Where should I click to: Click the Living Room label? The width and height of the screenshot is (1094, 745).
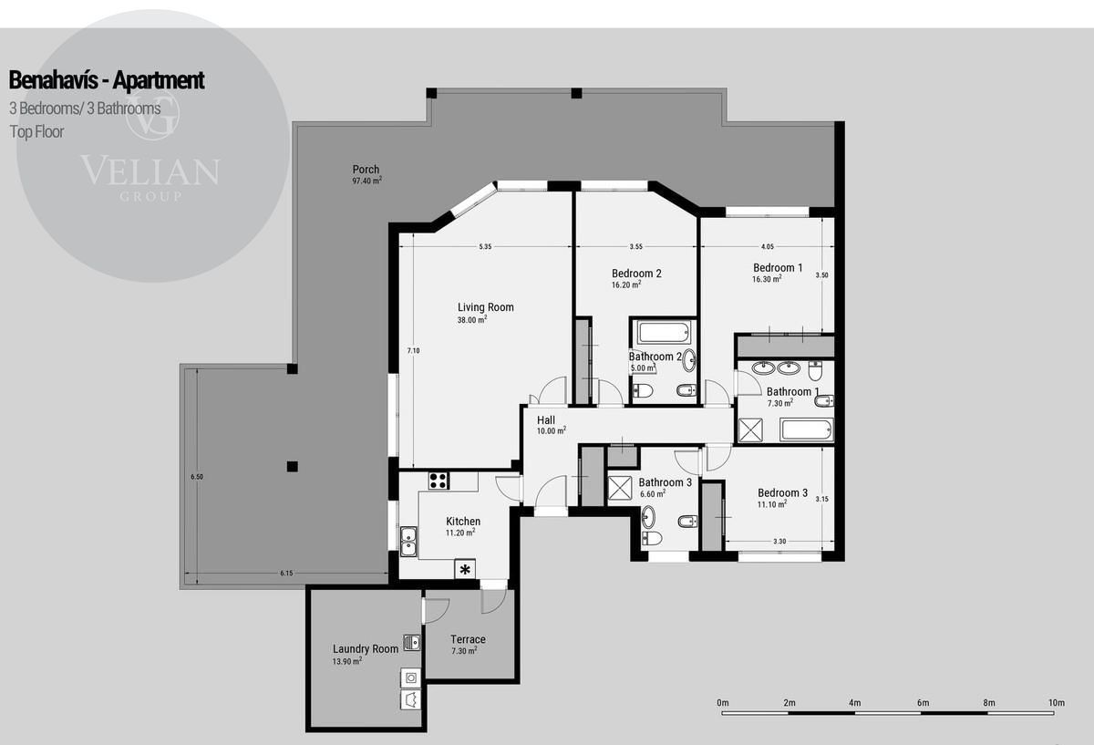[485, 307]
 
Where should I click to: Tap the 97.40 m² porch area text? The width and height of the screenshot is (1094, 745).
[366, 181]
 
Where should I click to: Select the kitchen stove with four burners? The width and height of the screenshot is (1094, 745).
[439, 481]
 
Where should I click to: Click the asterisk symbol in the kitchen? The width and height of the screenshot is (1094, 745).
[465, 570]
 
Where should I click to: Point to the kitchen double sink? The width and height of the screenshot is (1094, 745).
[408, 542]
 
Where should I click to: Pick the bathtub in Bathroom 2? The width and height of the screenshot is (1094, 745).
[665, 332]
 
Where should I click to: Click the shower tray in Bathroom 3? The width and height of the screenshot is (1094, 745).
[620, 488]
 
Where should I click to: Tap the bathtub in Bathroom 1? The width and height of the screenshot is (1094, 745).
[806, 429]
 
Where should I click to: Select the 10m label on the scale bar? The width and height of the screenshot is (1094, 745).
[1057, 702]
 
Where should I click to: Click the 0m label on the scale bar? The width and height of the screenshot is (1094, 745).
[723, 702]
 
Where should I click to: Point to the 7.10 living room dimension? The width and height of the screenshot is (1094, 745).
[413, 350]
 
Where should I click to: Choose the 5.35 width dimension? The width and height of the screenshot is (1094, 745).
[485, 247]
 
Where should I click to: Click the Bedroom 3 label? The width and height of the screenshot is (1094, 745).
[782, 493]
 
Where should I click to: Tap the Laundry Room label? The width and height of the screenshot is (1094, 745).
[366, 648]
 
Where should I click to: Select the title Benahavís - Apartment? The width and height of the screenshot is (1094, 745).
[107, 80]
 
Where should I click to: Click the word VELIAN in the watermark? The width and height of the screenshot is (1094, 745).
[150, 171]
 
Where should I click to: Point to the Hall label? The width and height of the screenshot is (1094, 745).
[546, 420]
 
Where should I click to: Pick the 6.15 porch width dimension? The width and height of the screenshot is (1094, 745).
[286, 573]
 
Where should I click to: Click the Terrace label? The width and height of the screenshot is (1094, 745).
[468, 639]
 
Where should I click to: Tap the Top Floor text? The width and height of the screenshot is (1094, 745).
[36, 132]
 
